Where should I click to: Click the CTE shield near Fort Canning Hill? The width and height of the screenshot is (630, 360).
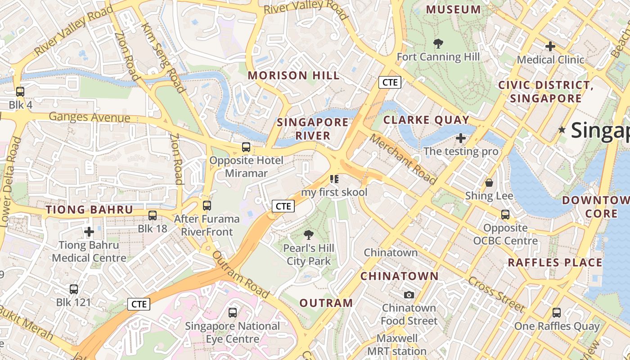point(390,82)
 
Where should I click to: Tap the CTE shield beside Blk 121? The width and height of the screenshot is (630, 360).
point(139,304)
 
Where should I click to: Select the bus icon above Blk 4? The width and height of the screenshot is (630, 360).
point(20,92)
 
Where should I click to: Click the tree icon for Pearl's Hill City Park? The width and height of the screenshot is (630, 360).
point(309,234)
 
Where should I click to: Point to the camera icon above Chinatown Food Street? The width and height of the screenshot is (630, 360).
point(409,295)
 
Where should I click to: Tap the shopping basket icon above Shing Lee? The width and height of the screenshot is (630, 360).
point(489,183)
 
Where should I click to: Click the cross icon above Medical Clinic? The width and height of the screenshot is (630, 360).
point(550,46)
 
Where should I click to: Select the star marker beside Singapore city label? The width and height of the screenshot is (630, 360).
point(562,130)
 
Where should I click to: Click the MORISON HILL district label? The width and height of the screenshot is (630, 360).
point(293,76)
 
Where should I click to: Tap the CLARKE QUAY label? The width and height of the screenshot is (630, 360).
point(426,120)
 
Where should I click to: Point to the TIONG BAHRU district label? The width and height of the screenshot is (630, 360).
point(90,210)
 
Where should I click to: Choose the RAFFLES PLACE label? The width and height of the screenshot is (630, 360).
point(555,262)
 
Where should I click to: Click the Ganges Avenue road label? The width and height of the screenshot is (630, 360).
point(89,117)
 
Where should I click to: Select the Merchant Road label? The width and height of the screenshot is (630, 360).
point(403,159)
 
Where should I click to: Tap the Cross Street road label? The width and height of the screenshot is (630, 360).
point(496,294)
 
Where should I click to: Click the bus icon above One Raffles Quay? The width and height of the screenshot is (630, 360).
point(557,313)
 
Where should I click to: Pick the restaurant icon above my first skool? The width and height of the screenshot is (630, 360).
point(334,179)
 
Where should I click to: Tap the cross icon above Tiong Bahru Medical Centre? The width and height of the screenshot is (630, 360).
point(89,232)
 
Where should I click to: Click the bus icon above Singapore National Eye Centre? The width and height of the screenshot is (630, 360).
point(233,312)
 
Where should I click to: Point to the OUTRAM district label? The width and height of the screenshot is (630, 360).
point(326,303)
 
